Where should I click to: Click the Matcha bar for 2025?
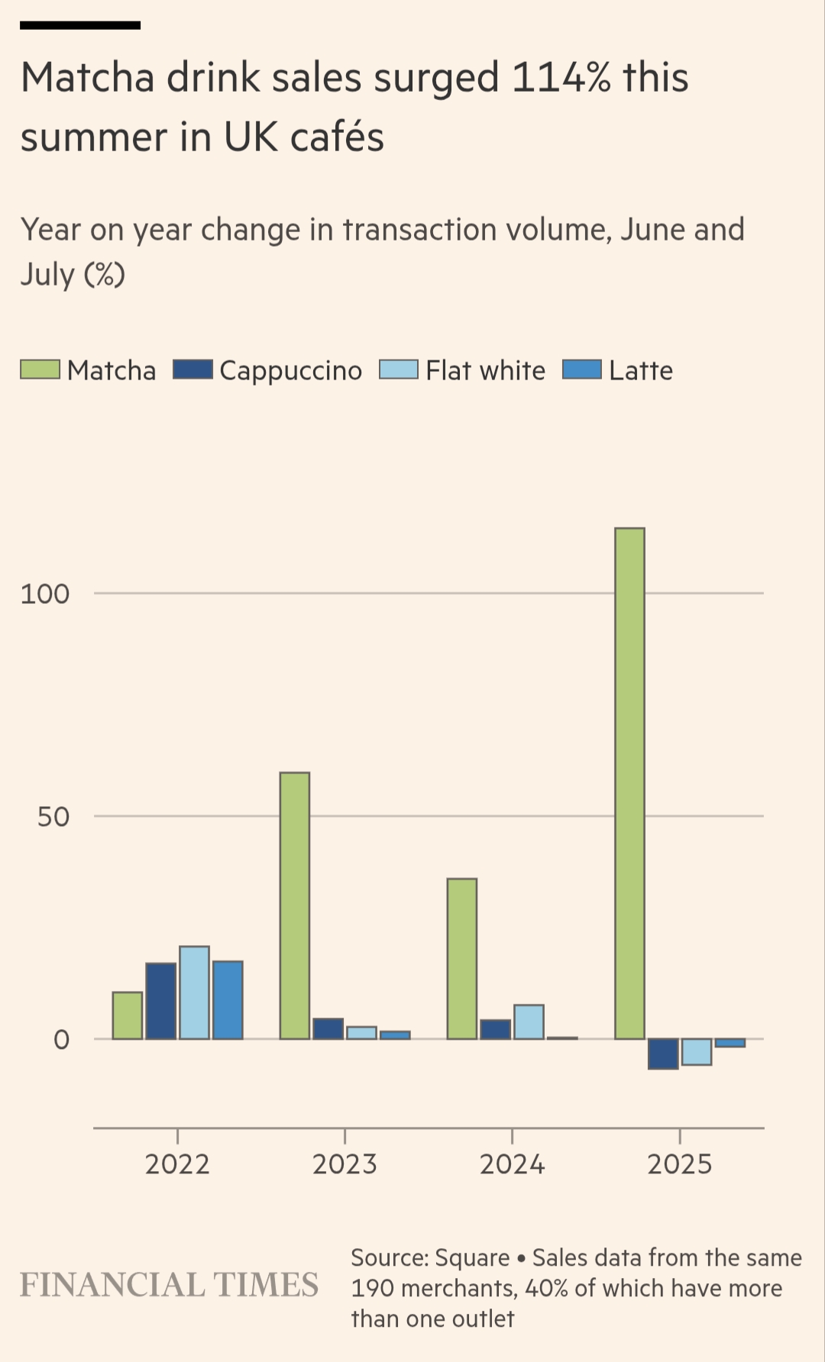[x=629, y=783]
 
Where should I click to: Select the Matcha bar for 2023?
[x=295, y=905]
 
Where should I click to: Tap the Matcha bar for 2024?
[x=462, y=958]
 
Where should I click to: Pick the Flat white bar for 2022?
[x=194, y=992]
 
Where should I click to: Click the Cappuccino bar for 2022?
[x=160, y=1001]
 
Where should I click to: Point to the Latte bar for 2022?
[x=228, y=999]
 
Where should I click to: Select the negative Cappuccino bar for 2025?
[x=663, y=1054]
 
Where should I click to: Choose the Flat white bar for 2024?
[x=529, y=1021]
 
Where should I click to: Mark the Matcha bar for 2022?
[x=128, y=1015]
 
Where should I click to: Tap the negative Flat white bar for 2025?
[x=697, y=1051]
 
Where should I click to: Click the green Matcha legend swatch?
[x=40, y=370]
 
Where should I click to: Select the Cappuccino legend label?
[x=290, y=370]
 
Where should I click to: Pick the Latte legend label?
[x=640, y=370]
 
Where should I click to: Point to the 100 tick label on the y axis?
[x=44, y=594]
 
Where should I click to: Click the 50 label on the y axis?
[x=53, y=817]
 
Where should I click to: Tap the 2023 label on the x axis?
[x=345, y=1164]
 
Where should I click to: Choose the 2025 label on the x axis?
[x=679, y=1164]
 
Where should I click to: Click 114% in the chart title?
[x=561, y=78]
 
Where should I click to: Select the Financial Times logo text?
[x=169, y=1285]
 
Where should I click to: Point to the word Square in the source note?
[x=472, y=1257]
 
